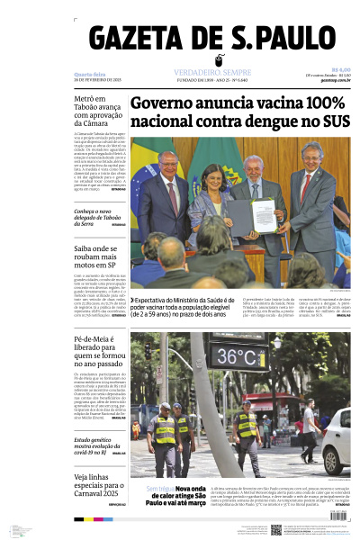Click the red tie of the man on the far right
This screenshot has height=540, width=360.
[307, 184]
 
